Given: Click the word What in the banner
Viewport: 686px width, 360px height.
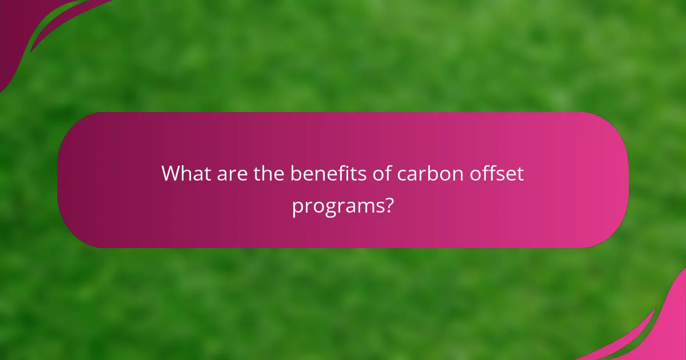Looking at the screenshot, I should [x=186, y=173].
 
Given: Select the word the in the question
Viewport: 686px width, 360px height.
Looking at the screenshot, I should [x=269, y=173].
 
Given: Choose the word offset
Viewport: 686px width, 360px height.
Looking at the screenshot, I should [x=499, y=173].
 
